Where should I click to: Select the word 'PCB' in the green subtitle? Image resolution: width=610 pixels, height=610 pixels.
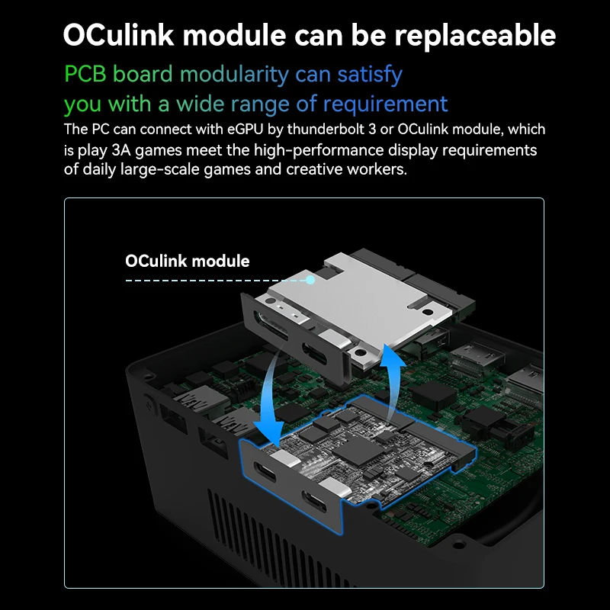click(86, 74)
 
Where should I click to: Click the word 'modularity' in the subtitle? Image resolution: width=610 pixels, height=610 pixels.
click(233, 74)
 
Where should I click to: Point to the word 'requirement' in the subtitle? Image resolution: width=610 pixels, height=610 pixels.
click(385, 103)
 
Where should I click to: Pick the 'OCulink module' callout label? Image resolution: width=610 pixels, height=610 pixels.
click(187, 261)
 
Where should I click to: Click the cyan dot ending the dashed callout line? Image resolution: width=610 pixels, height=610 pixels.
click(311, 280)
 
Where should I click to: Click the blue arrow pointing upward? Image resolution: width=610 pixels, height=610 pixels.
click(393, 381)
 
